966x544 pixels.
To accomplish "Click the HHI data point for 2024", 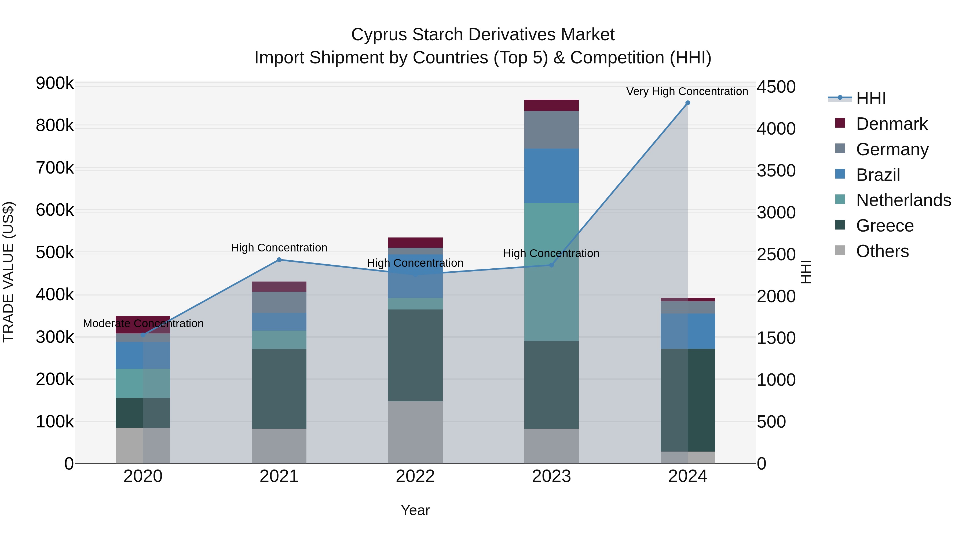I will (x=687, y=103).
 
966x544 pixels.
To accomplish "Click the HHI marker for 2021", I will (x=279, y=260).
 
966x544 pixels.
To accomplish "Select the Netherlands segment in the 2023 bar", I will (x=551, y=272).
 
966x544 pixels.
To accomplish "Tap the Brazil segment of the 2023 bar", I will (x=551, y=176).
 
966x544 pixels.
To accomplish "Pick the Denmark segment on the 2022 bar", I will (x=415, y=243).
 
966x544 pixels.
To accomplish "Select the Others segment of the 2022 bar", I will (x=415, y=432).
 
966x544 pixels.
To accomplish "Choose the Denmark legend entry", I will (x=891, y=124).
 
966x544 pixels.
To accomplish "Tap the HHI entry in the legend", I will (x=870, y=98).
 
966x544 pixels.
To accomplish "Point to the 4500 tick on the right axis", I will (x=776, y=87).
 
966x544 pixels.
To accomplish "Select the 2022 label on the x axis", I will (x=415, y=476).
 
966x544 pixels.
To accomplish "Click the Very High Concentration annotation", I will (x=687, y=91).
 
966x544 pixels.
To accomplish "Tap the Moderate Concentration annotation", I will (x=143, y=323).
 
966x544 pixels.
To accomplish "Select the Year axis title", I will (x=415, y=510).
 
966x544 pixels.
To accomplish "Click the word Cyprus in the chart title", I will (x=378, y=35).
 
